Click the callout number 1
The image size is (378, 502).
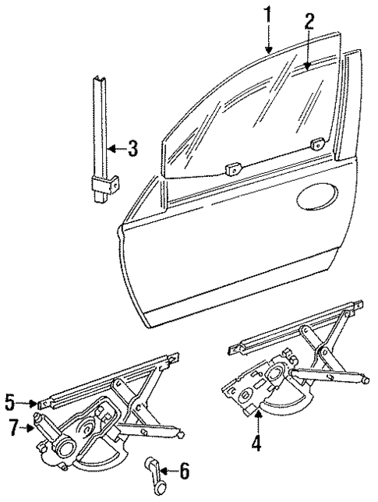coord(269,13)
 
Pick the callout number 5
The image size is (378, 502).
coord(9,403)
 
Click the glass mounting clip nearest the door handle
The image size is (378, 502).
coord(295,143)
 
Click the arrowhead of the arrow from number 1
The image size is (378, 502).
coord(269,51)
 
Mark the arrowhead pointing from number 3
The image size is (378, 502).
coord(108,148)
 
